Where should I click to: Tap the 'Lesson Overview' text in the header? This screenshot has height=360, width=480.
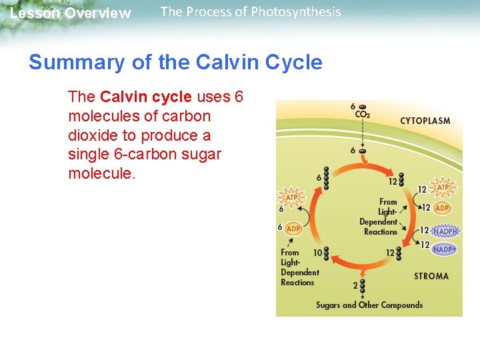pos(71,13)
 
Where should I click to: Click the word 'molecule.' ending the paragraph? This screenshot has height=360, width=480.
pos(102,173)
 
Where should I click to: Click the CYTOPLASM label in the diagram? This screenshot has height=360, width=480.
pos(425,121)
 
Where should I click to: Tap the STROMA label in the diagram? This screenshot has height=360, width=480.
pos(431,276)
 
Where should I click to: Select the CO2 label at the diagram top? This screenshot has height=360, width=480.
pos(362,114)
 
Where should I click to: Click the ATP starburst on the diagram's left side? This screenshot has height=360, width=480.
pos(292,197)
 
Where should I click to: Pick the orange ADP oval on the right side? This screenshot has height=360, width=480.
pos(442,208)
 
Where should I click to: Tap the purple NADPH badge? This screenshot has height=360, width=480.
pos(445,231)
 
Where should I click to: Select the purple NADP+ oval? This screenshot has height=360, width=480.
pos(444,249)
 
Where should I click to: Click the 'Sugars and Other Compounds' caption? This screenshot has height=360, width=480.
pos(369,305)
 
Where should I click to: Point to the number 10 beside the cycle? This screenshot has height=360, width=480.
pos(317,253)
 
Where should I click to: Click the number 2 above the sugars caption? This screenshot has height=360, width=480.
pos(355,285)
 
